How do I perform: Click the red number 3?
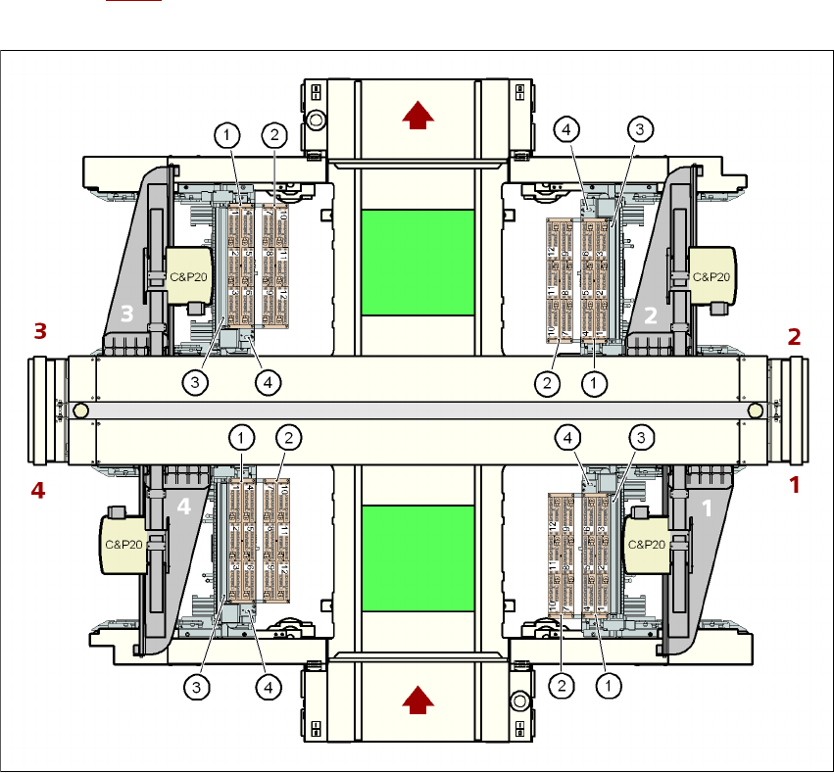40,331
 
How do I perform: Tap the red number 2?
795,337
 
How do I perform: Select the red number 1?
795,484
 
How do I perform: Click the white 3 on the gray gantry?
125,314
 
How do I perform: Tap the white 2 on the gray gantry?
649,314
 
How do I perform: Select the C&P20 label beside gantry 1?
646,544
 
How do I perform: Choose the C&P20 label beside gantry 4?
123,544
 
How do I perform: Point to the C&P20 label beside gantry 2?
711,277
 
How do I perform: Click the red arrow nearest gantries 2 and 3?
418,117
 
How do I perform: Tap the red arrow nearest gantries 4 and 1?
418,700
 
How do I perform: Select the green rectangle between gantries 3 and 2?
417,262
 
